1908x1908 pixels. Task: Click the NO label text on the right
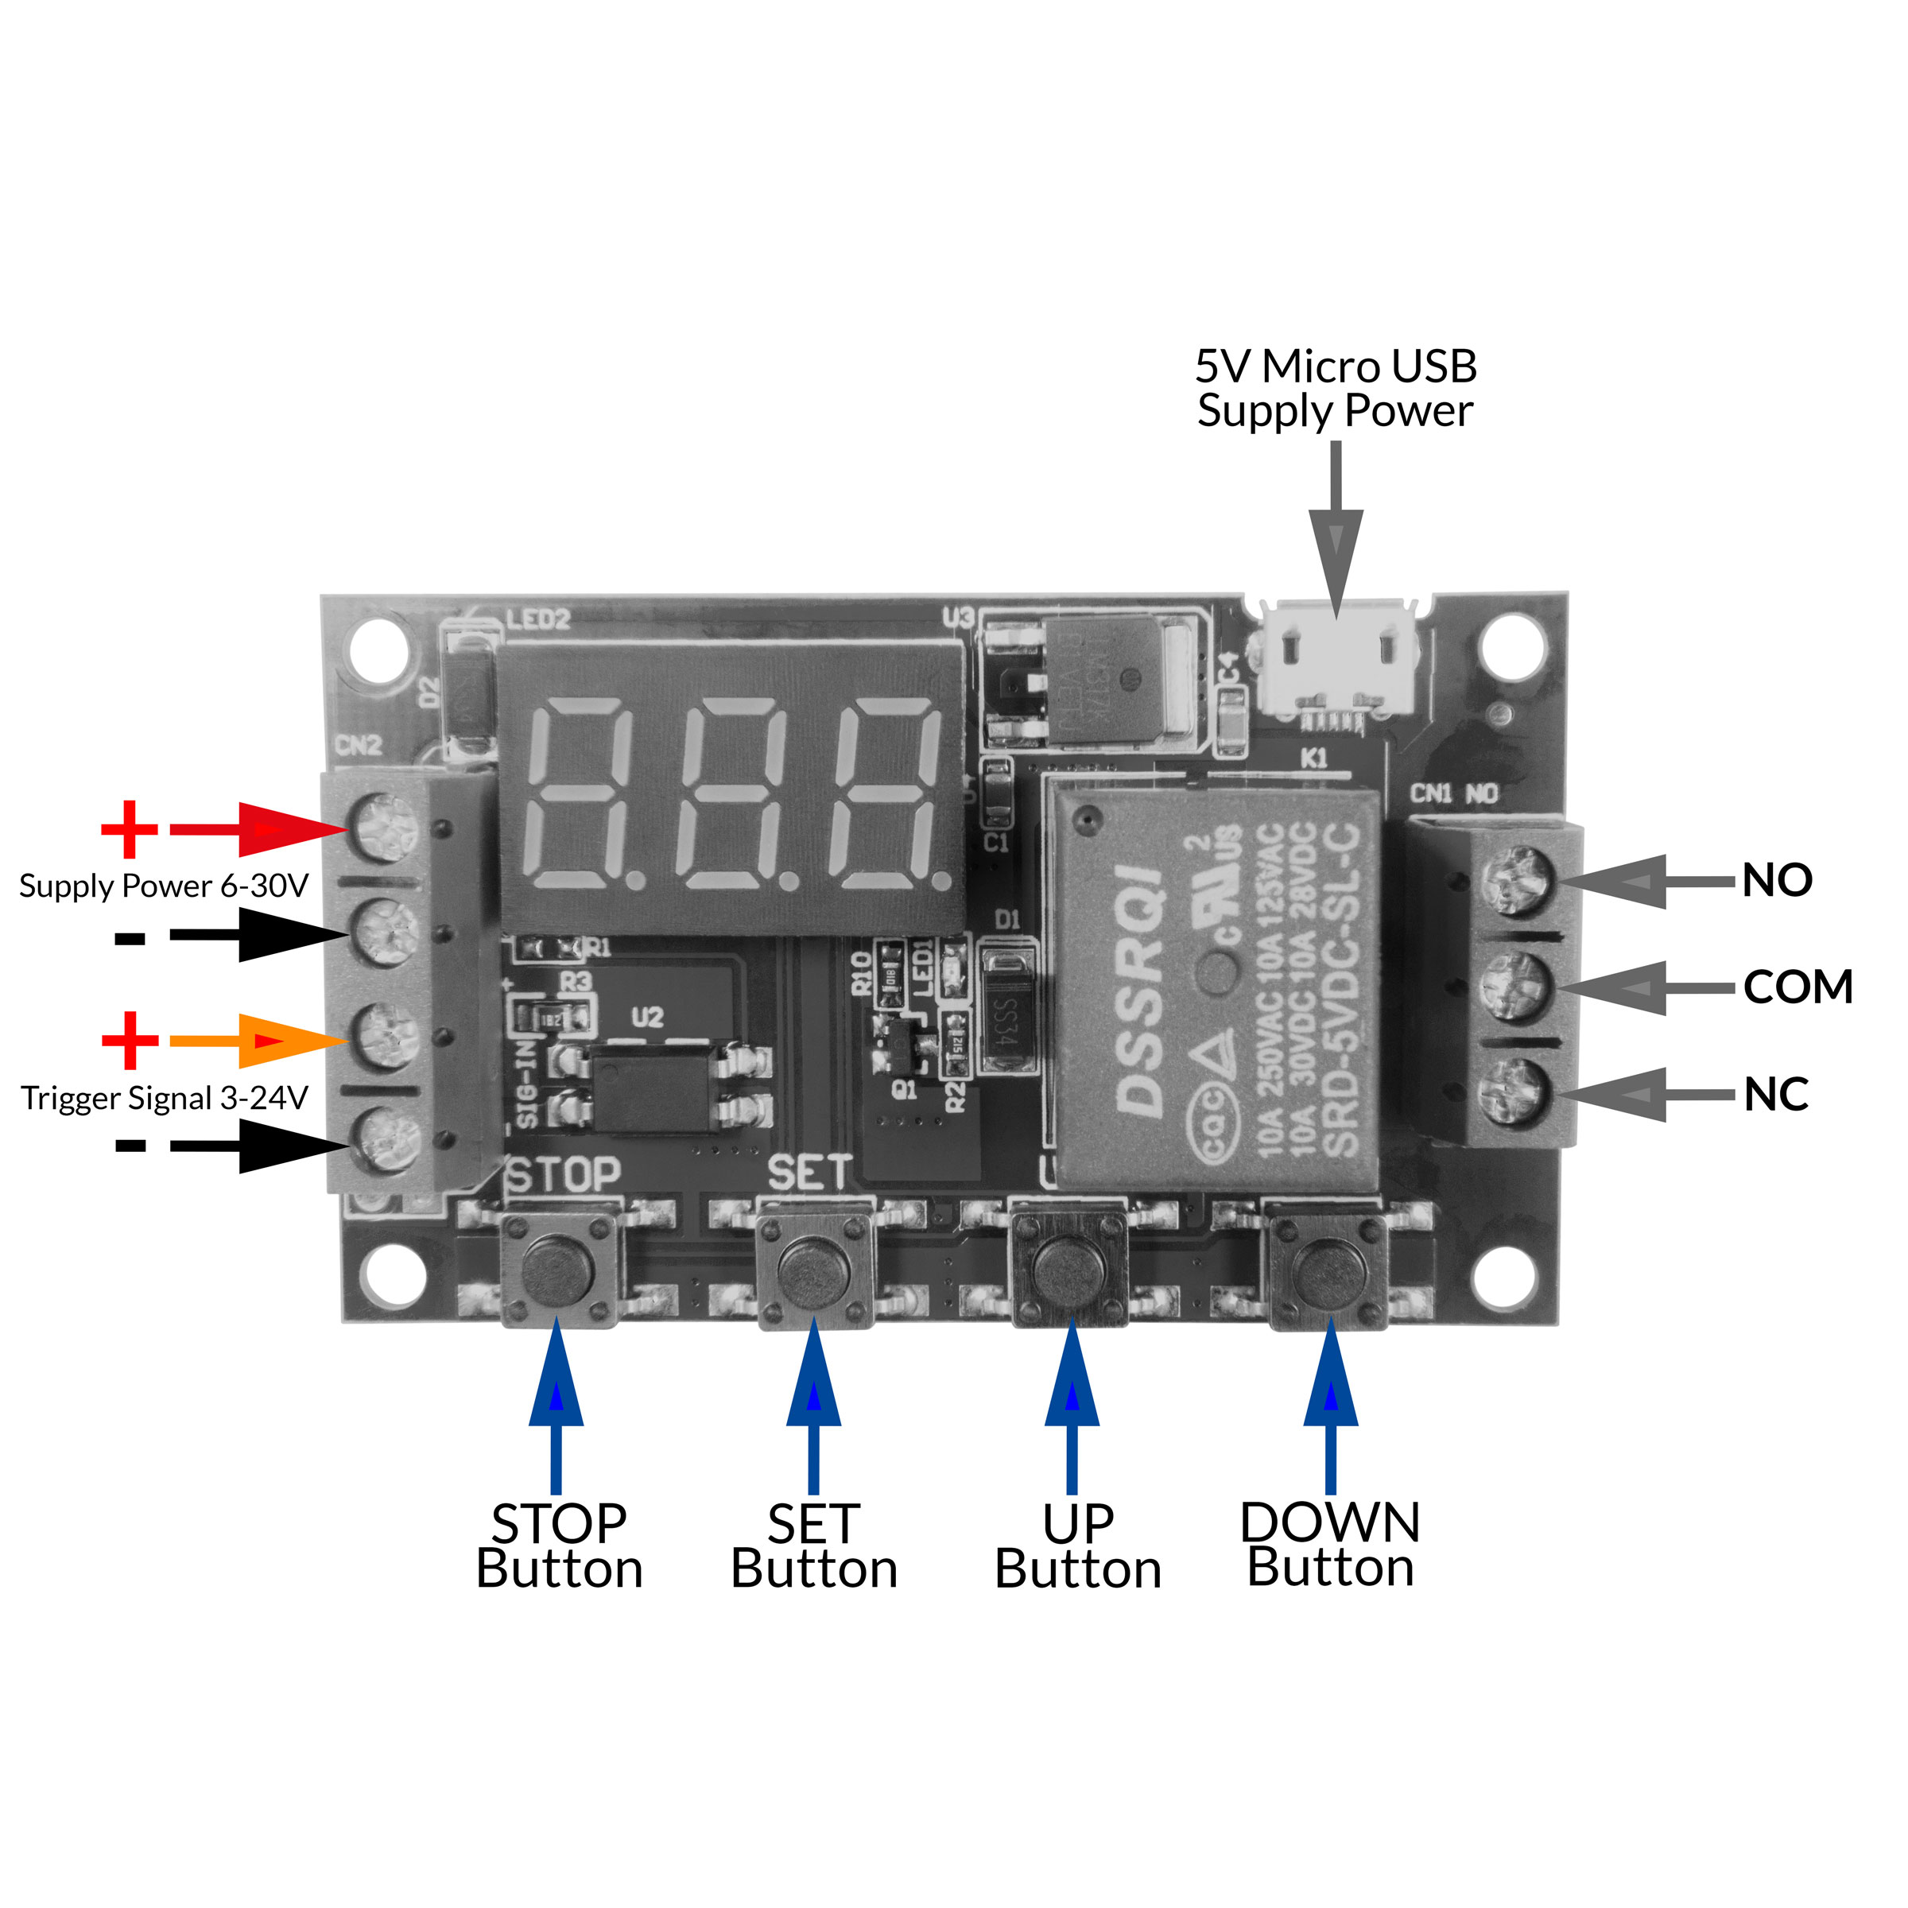click(1776, 880)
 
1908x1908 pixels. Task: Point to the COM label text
click(1797, 987)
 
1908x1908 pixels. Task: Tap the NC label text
click(1774, 1094)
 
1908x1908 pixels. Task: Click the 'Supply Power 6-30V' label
click(164, 886)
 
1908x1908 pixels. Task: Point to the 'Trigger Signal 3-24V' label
click(165, 1098)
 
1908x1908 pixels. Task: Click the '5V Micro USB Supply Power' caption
click(1336, 388)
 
